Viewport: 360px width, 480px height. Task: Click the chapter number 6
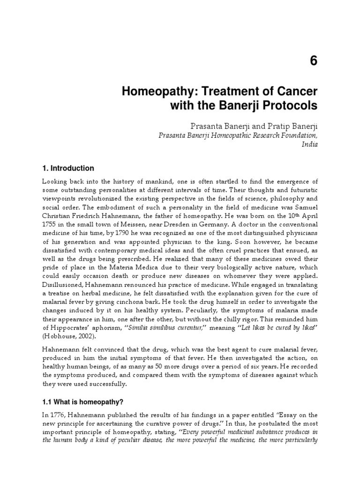[313, 60]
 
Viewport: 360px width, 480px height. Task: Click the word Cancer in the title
[296, 90]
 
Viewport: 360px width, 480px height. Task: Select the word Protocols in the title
[289, 106]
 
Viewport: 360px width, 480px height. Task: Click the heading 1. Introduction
[68, 168]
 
